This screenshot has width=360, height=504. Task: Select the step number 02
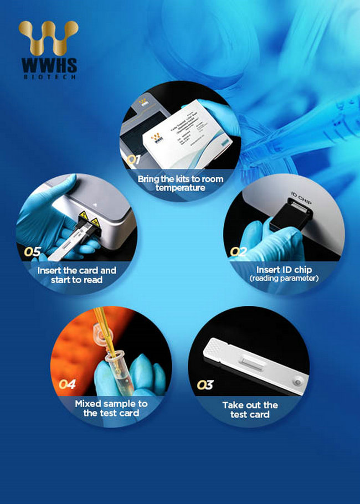pos(239,251)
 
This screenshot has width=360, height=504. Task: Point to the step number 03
pos(205,384)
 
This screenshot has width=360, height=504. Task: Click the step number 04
pos(67,384)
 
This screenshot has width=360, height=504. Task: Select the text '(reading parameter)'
pos(284,278)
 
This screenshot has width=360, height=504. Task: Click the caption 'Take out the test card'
pos(250,410)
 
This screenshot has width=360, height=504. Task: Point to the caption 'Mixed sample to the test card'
pos(111,408)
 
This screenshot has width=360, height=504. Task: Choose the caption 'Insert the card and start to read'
pos(77,275)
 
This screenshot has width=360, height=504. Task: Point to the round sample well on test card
pos(299,382)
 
